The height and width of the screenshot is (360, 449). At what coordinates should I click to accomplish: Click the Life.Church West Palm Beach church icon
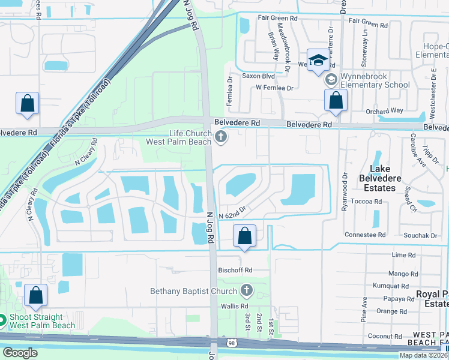(221, 138)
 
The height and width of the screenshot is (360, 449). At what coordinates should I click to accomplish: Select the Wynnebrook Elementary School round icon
(330, 79)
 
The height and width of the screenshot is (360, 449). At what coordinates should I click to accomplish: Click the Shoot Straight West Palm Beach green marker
(2, 319)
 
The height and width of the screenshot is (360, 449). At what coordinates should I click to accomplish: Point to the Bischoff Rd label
(235, 270)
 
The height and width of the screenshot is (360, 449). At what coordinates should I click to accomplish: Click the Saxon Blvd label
(258, 76)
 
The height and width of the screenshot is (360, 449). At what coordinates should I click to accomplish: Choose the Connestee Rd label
(365, 235)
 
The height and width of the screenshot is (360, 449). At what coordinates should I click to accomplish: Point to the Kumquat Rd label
(390, 286)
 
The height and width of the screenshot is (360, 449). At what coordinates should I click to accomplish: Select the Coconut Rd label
(385, 336)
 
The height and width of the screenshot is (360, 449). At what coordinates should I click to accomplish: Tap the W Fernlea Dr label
(274, 88)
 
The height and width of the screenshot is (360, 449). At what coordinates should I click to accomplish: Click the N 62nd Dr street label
(233, 215)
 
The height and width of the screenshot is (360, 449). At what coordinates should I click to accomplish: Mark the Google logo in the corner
(20, 353)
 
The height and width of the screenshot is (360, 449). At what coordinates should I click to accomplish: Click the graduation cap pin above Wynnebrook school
(318, 60)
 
